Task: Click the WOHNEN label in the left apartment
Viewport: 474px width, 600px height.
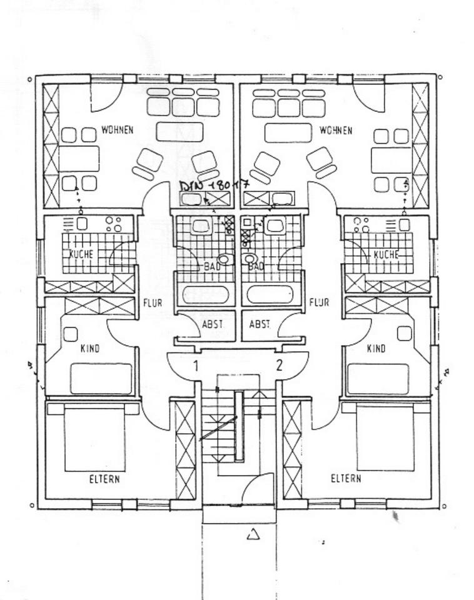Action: click(x=117, y=131)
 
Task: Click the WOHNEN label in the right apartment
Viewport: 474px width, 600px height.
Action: click(x=335, y=131)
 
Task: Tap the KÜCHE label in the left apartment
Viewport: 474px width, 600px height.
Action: click(x=82, y=254)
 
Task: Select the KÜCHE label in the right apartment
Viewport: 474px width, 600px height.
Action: click(x=386, y=255)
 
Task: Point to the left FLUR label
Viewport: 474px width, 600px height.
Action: click(x=153, y=303)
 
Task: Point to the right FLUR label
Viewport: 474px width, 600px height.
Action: click(x=319, y=303)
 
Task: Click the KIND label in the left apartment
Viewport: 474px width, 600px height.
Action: click(x=90, y=348)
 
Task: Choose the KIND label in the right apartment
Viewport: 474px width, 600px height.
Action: click(x=376, y=348)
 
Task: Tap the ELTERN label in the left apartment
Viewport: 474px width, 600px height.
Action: click(x=104, y=479)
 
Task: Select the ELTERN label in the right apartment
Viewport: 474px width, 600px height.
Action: click(x=346, y=479)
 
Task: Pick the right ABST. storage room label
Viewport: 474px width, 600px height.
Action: click(x=260, y=324)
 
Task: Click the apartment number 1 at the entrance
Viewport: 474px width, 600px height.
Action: click(x=196, y=366)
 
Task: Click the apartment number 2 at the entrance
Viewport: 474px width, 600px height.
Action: click(x=279, y=365)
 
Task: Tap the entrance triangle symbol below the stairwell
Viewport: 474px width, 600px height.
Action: click(x=253, y=534)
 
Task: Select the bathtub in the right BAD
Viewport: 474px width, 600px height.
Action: click(x=270, y=294)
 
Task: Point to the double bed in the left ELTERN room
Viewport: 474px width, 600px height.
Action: click(x=94, y=437)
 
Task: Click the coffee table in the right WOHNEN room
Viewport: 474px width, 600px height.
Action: click(x=288, y=132)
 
